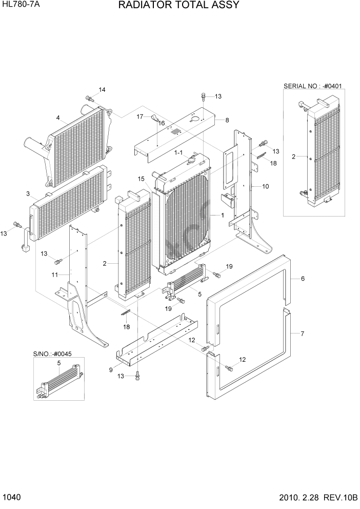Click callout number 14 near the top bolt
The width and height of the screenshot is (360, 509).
point(102,90)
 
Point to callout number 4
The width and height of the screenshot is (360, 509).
point(58,118)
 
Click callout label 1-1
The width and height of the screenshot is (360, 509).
point(179,152)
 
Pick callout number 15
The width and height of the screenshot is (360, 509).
point(141,179)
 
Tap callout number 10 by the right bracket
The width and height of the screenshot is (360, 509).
point(265,186)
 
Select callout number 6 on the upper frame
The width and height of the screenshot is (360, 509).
point(303,278)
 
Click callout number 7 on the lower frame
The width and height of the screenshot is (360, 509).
point(303,334)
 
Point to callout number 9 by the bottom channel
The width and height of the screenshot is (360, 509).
point(111,370)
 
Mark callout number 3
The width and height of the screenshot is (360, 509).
point(28,193)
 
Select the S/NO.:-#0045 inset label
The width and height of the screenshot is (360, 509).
point(52,354)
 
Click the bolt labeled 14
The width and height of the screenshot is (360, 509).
point(89,98)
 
